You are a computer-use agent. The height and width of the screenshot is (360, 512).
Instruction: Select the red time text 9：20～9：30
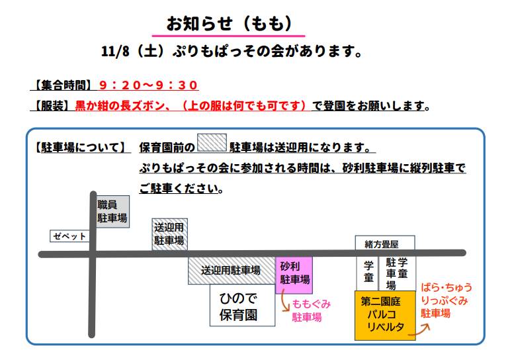(x=148, y=85)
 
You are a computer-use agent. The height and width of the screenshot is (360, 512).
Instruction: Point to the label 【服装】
(x=52, y=105)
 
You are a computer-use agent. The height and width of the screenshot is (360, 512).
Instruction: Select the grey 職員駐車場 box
(x=112, y=212)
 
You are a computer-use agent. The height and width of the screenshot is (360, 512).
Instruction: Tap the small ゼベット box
(x=69, y=236)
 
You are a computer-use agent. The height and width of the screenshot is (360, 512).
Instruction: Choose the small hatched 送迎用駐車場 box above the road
(x=169, y=234)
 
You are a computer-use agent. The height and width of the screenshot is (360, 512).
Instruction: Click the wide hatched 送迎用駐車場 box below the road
(x=231, y=271)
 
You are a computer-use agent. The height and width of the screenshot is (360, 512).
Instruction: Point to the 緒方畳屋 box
(x=385, y=243)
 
